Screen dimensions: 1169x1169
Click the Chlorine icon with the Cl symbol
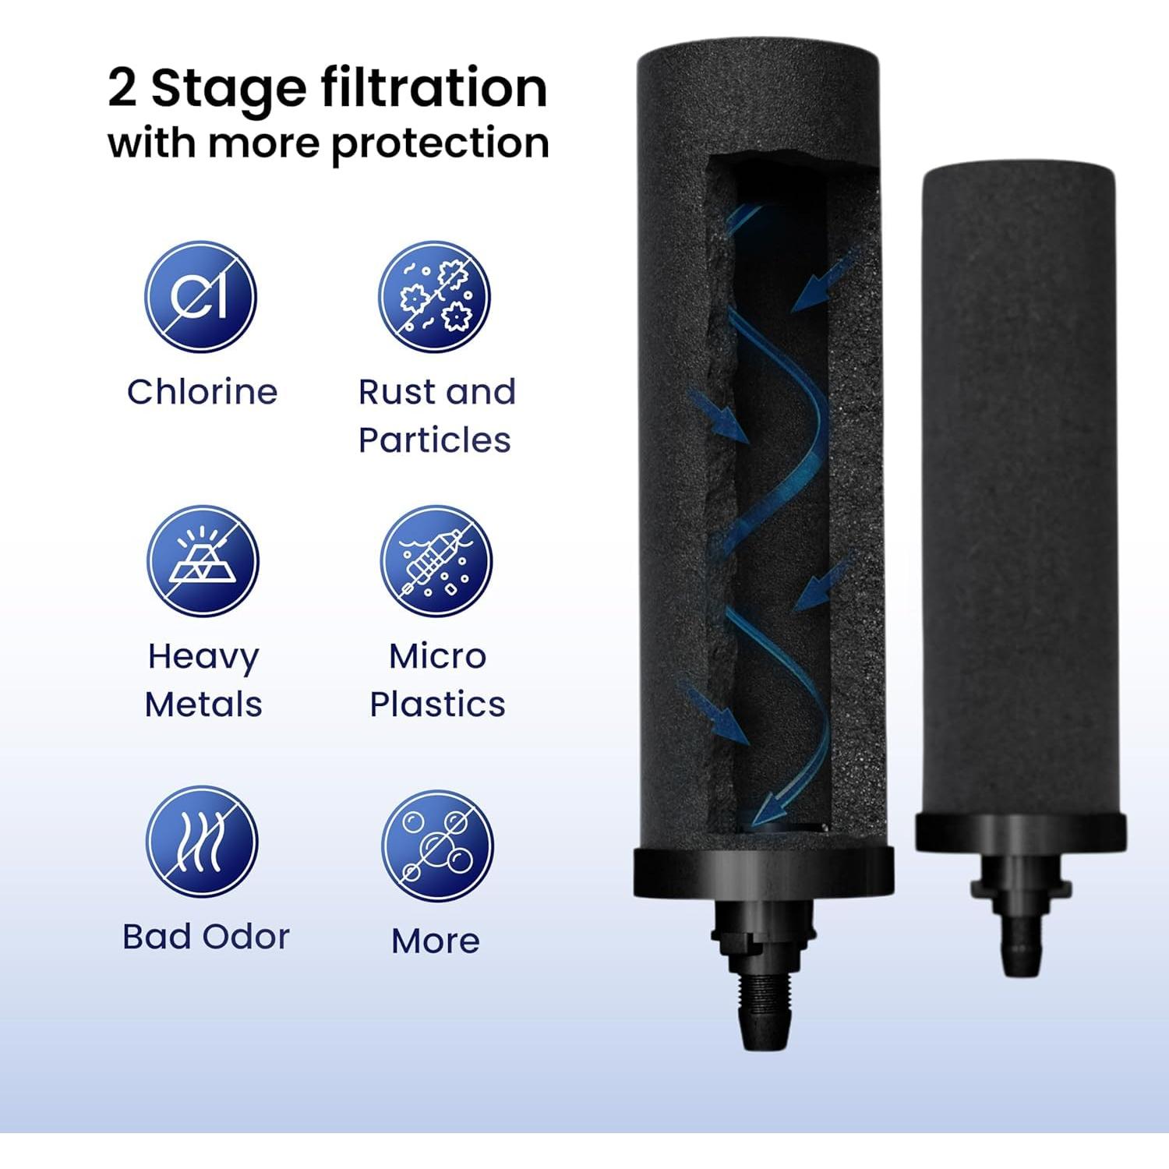click(200, 297)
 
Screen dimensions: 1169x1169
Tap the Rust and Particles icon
click(434, 297)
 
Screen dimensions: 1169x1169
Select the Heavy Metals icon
click(203, 561)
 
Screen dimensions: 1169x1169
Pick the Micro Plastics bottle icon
click(436, 561)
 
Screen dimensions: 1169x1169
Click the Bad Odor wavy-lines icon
click(202, 842)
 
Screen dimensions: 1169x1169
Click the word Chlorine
click(202, 392)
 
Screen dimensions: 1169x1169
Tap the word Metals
click(203, 705)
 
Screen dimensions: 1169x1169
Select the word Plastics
click(437, 705)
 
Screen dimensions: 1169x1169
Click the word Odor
click(249, 937)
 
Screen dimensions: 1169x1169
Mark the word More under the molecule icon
click(435, 941)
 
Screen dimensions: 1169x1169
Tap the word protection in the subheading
click(440, 144)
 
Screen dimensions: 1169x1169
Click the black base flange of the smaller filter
click(1020, 832)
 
